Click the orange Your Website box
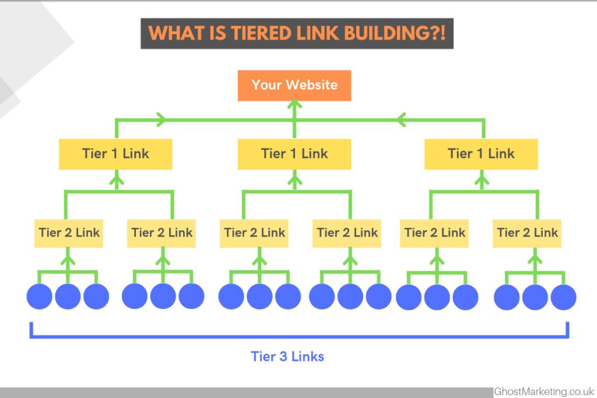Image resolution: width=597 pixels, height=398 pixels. pos(294,85)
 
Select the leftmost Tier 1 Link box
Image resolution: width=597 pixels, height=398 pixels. pos(115,154)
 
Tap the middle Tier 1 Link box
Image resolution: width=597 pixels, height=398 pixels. pos(294,154)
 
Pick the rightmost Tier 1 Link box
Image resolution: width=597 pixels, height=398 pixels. pos(481,154)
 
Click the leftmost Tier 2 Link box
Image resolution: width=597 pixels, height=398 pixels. pos(69,233)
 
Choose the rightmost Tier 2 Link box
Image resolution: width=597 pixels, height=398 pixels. pos(528,233)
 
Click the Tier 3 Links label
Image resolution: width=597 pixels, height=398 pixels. pos(287,356)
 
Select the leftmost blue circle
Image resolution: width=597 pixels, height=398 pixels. pos(40,297)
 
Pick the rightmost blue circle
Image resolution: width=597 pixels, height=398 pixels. pos(564,297)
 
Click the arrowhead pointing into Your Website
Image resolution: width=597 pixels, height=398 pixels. pos(294,105)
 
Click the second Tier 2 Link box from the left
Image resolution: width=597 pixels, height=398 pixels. pos(162,233)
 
